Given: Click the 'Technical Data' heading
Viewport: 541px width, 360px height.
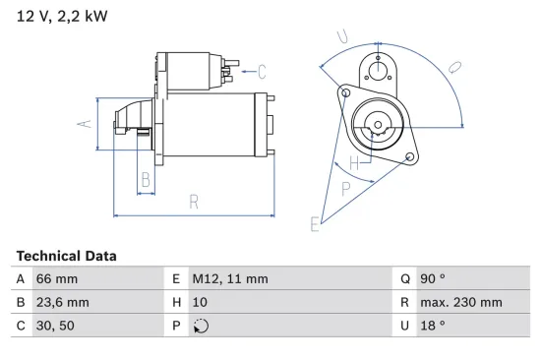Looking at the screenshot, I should point(66,256).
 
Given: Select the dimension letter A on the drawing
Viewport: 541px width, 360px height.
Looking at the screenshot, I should point(86,124).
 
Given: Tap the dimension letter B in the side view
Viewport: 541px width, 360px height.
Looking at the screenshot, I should point(145,179).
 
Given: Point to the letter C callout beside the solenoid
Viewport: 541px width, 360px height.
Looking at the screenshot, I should point(262,71).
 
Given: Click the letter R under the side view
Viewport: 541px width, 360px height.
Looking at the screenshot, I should point(195,203).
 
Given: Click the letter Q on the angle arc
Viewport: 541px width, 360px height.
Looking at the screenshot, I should point(454,69).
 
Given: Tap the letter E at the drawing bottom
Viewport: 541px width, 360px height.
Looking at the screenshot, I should point(315,225).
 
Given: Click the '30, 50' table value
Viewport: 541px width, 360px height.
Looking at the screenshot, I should point(55,326).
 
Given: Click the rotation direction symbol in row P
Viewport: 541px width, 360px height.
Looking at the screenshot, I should point(201,327).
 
